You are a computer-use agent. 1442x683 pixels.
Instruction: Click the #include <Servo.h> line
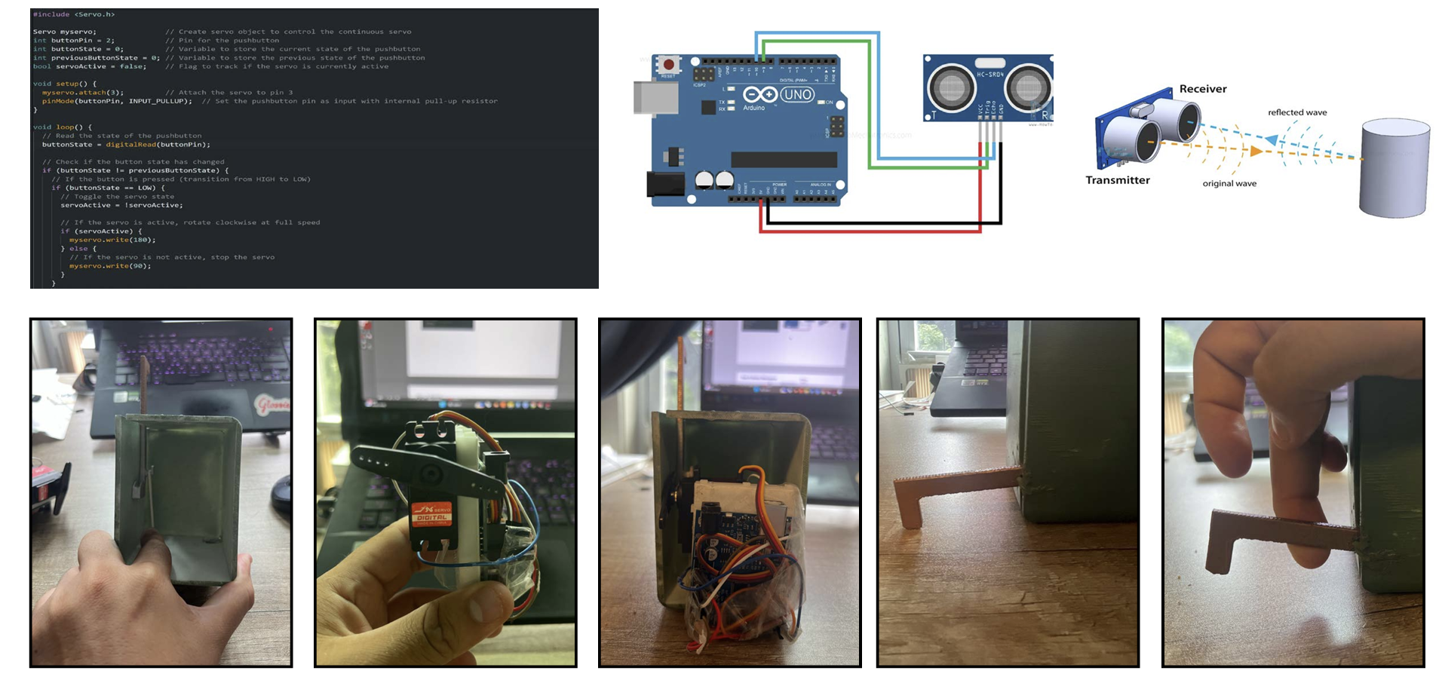(74, 14)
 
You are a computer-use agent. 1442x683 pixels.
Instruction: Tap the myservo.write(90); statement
(110, 266)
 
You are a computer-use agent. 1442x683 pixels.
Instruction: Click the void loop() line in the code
(63, 127)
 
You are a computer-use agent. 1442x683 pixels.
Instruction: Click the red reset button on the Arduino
(668, 65)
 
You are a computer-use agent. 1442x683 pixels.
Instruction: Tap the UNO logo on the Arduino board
(797, 94)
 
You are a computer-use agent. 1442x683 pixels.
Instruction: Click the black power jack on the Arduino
(664, 184)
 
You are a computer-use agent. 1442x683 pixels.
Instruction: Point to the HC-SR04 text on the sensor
(989, 75)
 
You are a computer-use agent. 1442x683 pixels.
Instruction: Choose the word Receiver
(1202, 89)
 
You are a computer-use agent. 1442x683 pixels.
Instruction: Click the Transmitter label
(1117, 180)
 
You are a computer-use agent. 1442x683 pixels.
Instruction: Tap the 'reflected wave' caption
(1296, 112)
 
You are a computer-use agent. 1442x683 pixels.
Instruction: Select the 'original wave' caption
(1229, 183)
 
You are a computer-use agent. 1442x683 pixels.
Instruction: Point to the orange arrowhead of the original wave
(1256, 151)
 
